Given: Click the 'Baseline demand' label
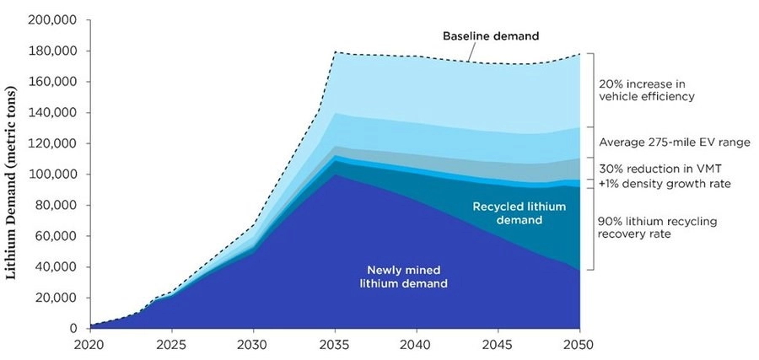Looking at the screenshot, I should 491,37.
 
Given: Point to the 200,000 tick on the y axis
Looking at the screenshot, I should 54,20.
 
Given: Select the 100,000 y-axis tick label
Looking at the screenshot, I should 54,175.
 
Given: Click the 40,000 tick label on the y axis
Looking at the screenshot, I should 57,267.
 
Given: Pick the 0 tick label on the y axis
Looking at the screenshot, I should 74,329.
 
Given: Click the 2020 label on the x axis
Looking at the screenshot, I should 89,345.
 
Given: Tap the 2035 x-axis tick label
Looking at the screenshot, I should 335,345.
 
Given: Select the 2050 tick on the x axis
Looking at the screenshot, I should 579,345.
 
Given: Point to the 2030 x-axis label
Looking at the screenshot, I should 253,345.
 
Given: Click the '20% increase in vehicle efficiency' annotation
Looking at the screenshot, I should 647,90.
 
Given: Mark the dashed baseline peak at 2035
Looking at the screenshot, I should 335,52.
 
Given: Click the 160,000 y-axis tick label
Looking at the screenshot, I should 54,82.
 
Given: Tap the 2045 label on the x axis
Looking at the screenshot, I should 498,345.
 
